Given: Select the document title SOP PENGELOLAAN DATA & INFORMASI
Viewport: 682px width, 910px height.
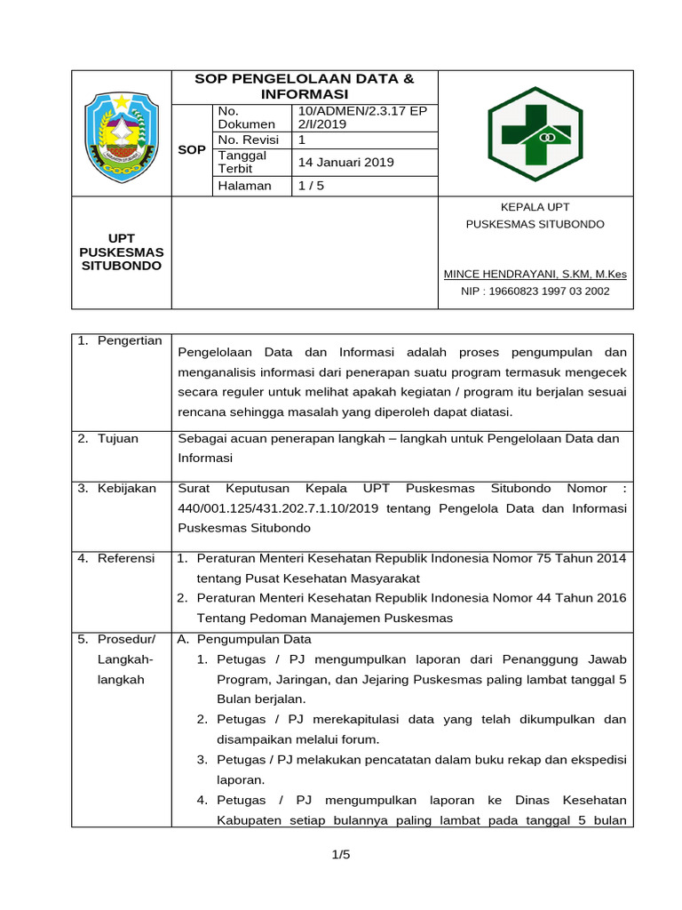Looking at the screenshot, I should click(305, 86).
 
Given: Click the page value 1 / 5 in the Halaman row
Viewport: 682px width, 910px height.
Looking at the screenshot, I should click(312, 186).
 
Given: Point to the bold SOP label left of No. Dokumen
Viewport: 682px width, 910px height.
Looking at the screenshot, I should click(192, 149).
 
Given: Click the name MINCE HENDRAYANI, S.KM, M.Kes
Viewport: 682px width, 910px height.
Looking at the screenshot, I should click(535, 274).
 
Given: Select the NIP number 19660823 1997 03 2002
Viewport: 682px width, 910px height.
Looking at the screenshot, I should click(535, 291).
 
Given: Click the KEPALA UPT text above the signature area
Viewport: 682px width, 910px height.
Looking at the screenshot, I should click(535, 207).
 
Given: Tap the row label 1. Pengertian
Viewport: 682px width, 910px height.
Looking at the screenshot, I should click(120, 340).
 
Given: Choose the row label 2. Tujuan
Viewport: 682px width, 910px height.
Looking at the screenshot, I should click(112, 438).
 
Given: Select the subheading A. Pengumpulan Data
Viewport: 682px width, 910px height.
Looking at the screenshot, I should click(244, 639).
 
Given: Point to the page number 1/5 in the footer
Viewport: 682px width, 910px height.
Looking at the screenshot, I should click(341, 854).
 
